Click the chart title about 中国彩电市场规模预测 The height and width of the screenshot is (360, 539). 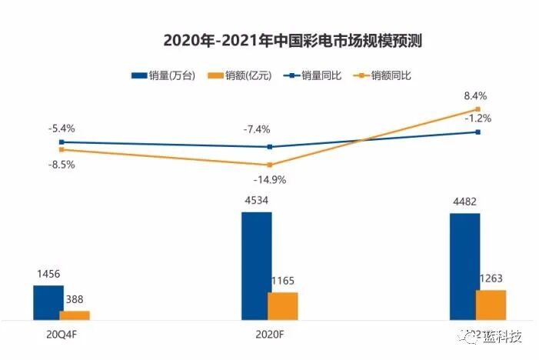[x=292, y=41]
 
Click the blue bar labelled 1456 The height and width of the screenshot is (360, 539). [x=48, y=302]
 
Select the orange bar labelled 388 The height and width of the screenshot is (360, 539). [x=75, y=315]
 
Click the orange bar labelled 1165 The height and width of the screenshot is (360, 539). [x=282, y=305]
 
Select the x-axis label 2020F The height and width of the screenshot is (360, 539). [x=269, y=336]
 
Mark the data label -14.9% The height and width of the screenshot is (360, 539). [x=269, y=180]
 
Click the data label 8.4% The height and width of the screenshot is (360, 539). [x=475, y=96]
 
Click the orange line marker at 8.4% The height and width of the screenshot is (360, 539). [x=477, y=109]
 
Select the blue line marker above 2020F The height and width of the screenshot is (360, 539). [x=269, y=146]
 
